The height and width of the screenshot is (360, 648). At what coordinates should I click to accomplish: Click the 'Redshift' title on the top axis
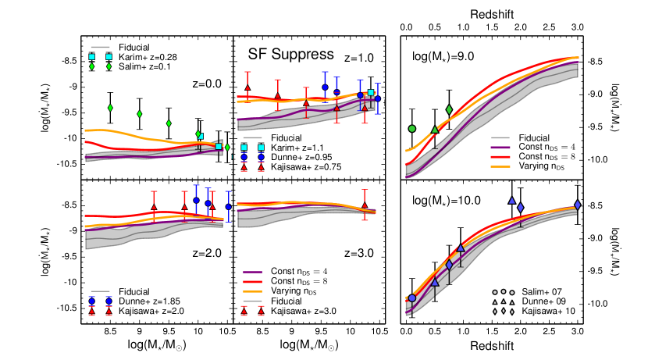click(491, 14)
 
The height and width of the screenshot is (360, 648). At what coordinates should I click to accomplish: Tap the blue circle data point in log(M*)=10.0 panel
click(412, 298)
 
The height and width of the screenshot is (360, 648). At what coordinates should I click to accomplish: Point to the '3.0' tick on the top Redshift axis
click(577, 28)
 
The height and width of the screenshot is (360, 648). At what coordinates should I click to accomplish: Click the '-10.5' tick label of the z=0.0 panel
click(67, 164)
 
